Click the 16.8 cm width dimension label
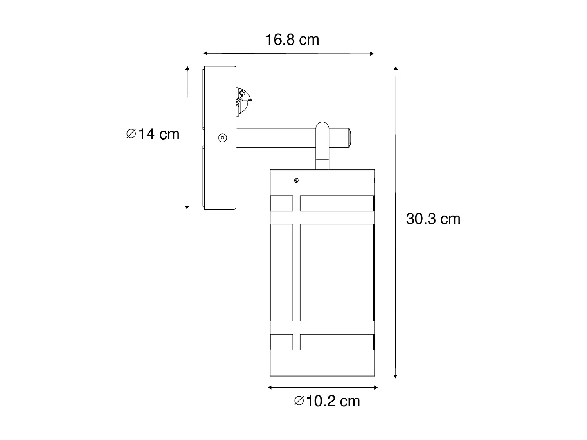[292, 40]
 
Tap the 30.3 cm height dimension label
[433, 219]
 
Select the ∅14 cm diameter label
[153, 134]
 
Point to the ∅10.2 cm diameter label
[327, 401]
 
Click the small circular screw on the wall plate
[222, 138]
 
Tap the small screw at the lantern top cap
[296, 180]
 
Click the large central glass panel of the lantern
[337, 272]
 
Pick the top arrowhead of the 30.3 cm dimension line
[396, 69]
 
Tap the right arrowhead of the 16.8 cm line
[372, 54]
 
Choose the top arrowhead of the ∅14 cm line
[187, 69]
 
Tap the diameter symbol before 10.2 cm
[299, 401]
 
